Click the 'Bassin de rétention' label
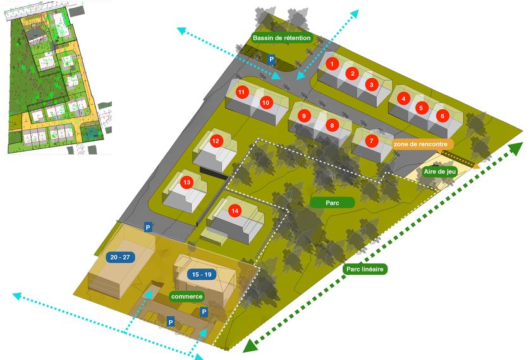282,39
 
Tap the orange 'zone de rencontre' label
424,144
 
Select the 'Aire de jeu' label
440,171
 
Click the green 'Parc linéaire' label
366,269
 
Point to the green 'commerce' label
187,296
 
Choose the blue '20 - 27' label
119,258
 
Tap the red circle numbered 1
331,63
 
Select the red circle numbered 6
442,116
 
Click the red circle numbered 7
372,141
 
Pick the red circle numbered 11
241,92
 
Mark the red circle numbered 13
186,183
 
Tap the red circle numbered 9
304,116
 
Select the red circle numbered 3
372,83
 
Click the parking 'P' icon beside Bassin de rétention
272,59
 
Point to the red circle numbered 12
216,141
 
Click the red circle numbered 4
403,98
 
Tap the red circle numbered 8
331,125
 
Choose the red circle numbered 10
265,102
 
